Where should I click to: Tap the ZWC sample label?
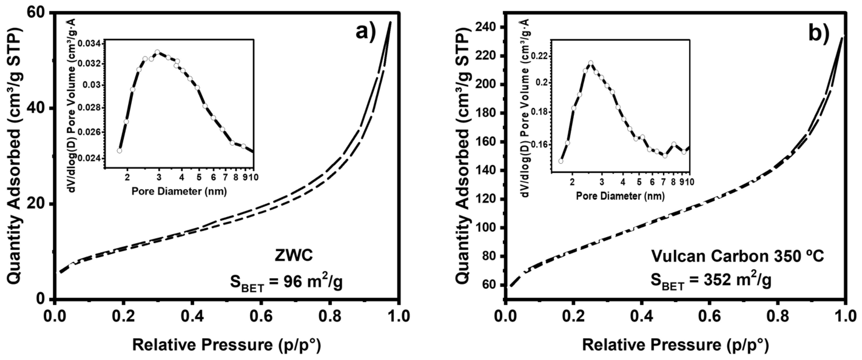[x=294, y=256]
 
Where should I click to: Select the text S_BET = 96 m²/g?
[x=286, y=283]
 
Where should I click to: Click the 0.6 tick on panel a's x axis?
[x=261, y=316]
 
